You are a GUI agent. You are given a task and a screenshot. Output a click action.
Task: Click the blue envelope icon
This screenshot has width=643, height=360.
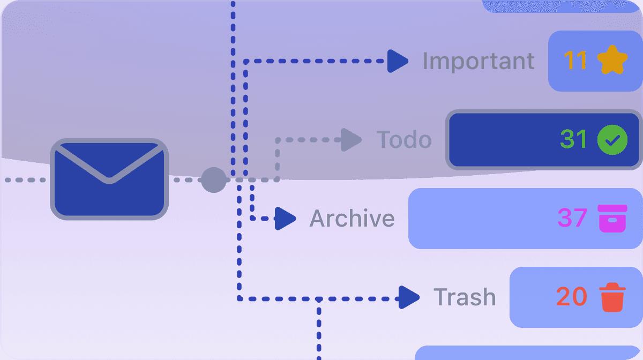coord(109,179)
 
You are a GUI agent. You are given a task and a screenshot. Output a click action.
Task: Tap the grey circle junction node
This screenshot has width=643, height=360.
coord(214,180)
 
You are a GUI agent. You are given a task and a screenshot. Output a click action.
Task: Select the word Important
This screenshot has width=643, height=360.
coord(478,61)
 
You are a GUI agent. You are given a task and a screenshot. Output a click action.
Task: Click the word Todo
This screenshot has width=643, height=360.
coord(404,139)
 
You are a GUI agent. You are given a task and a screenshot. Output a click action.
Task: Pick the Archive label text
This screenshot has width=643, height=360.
coord(352,218)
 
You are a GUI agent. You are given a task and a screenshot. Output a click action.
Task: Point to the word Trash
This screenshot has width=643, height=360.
coord(465,297)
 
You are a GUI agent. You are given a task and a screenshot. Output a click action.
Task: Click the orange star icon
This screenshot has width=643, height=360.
coord(612,60)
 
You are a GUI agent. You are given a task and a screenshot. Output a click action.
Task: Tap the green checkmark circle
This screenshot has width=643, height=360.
coord(612,140)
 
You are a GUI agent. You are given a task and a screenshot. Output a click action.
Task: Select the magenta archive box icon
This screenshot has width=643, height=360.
coord(612,218)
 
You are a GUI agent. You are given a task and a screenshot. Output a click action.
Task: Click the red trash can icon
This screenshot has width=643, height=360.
coord(612,297)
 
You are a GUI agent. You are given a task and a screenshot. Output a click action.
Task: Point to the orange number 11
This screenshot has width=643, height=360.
coord(575,60)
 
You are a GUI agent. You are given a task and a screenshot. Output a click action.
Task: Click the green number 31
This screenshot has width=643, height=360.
coord(573,139)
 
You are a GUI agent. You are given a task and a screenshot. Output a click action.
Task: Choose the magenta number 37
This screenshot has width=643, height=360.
coord(572,217)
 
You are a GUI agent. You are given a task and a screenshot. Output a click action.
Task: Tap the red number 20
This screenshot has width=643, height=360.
coord(572,297)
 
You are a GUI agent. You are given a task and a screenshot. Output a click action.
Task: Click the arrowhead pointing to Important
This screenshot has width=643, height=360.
coord(398,61)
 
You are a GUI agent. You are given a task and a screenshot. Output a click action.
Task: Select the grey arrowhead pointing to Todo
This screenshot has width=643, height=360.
coord(351,140)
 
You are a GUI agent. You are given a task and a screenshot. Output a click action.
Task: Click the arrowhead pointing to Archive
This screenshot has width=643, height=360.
coord(285,219)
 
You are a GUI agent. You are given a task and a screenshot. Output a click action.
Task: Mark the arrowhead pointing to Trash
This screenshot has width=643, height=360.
coord(409,297)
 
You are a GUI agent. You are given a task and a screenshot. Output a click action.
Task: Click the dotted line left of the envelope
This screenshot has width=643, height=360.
coord(25,180)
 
